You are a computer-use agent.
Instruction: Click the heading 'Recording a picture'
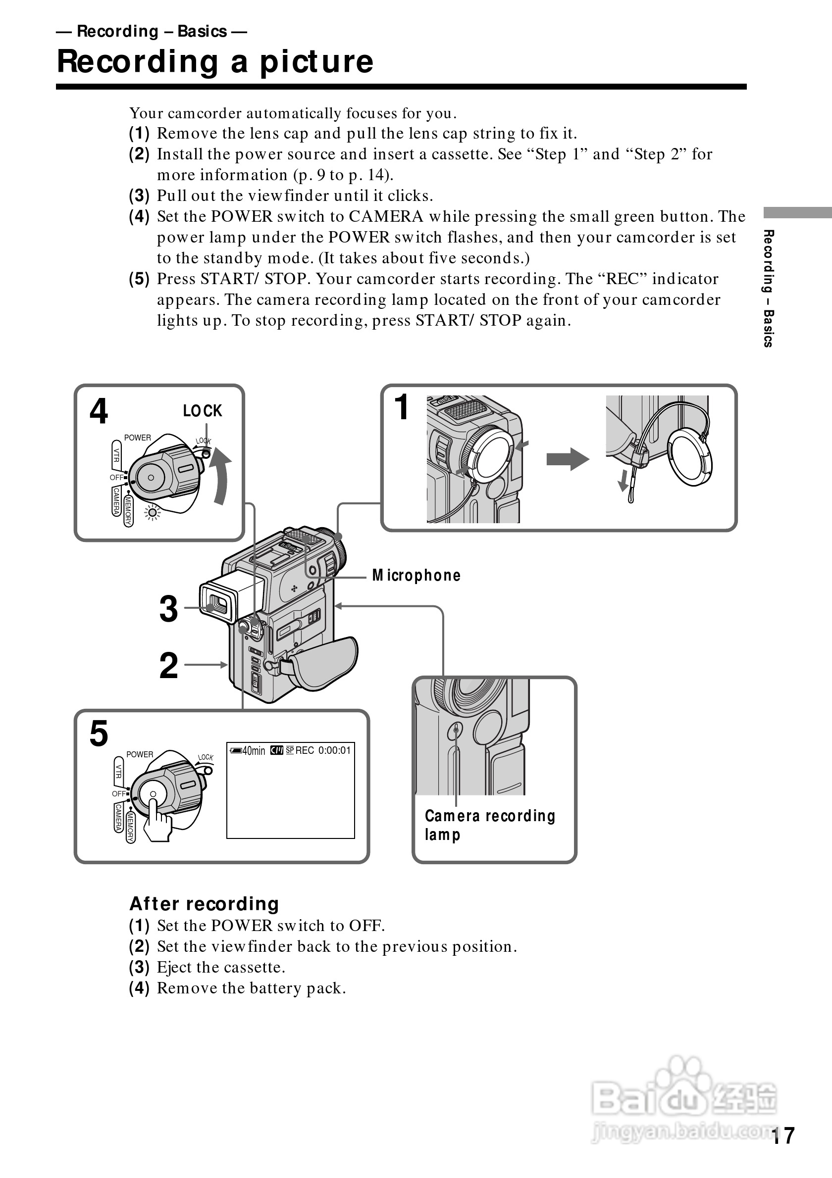tap(215, 61)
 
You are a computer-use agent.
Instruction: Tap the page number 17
tap(783, 1135)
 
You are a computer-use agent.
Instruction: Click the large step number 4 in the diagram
tap(99, 411)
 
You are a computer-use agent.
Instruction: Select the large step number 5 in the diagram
tap(99, 733)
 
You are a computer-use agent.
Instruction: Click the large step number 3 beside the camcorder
tap(168, 608)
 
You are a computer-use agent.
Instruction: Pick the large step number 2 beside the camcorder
tap(168, 665)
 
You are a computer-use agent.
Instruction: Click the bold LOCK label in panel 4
tap(202, 410)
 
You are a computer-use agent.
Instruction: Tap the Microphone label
tap(416, 576)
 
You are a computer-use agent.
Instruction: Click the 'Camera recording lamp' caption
tap(490, 825)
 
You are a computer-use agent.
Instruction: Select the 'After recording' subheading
tap(204, 903)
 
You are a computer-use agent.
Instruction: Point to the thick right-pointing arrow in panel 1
tap(567, 459)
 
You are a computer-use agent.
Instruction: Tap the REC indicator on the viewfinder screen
tap(305, 751)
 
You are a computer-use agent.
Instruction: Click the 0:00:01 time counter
tap(334, 751)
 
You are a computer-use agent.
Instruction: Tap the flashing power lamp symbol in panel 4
tap(153, 513)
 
